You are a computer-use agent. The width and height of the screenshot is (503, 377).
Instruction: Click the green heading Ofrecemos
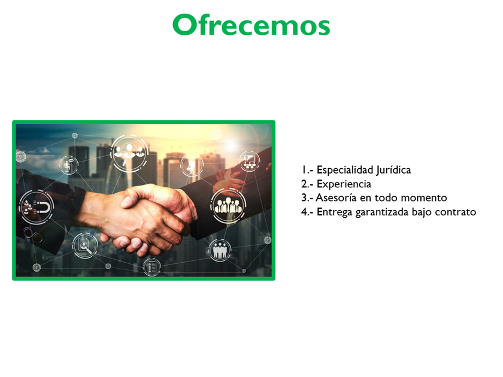click(251, 25)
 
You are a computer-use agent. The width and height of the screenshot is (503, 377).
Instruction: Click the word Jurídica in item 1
click(393, 170)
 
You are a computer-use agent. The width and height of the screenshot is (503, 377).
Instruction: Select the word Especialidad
click(345, 170)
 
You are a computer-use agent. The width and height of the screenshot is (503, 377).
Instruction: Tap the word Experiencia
click(344, 184)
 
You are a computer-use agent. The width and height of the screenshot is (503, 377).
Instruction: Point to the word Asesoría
click(336, 198)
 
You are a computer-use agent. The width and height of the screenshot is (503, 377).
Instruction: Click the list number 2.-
click(307, 184)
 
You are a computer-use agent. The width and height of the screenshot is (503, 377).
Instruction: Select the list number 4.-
click(307, 212)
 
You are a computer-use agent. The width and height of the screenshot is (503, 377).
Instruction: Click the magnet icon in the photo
click(37, 208)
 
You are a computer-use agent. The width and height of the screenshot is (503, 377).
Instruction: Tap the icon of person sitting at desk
click(69, 165)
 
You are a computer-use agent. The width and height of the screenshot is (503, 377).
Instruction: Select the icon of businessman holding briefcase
click(192, 165)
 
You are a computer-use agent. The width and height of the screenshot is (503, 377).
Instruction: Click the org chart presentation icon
click(249, 161)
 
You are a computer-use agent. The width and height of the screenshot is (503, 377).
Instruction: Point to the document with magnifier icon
click(84, 245)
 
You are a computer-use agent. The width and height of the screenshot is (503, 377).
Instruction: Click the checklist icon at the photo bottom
click(151, 267)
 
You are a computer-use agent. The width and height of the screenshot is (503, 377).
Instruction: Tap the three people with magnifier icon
click(129, 153)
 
